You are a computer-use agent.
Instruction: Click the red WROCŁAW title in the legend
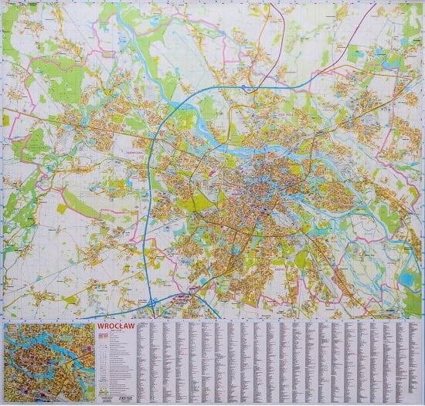pyautogui.click(x=114, y=327)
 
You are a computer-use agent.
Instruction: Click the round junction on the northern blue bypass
pyautogui.click(x=250, y=90)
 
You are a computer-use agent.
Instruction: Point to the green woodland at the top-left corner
pyautogui.click(x=19, y=19)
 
